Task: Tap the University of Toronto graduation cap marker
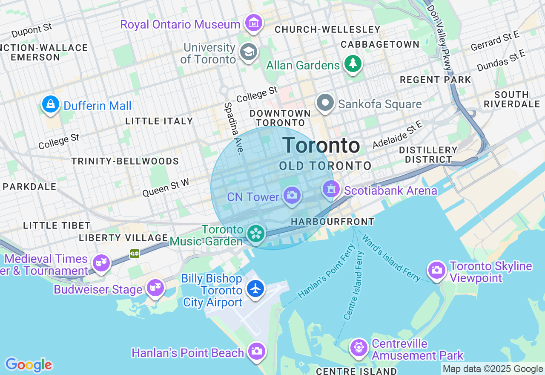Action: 248,52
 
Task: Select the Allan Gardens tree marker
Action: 353,64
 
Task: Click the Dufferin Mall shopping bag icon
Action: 51,104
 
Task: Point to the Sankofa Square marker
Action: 326,103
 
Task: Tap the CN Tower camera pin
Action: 292,196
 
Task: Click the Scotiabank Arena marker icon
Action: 331,189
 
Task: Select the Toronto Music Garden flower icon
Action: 256,233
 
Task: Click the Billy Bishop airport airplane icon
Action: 255,288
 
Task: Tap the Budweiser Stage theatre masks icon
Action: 155,288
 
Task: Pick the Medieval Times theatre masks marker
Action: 101,262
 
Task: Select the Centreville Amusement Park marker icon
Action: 359,347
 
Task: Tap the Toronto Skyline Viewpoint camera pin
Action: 436,270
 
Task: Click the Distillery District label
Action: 428,155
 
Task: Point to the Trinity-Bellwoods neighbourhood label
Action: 125,161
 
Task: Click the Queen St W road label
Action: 166,187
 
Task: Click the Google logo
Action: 29,365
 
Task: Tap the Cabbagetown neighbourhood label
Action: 380,44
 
